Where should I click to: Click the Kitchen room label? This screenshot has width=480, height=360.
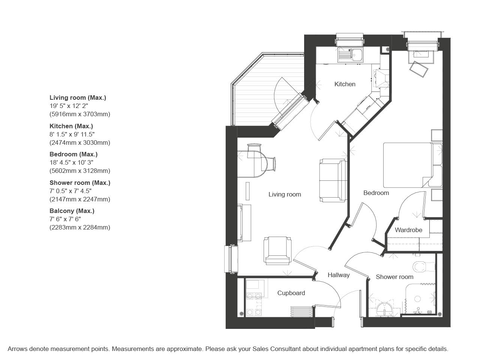click(x=345, y=84)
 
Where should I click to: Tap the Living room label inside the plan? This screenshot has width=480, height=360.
click(x=285, y=194)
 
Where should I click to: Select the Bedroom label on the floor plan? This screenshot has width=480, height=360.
click(x=376, y=193)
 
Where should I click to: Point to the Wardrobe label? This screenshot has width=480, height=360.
click(x=408, y=230)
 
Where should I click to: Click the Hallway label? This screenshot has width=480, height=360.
click(x=339, y=275)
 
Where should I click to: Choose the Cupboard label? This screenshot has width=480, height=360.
click(x=291, y=293)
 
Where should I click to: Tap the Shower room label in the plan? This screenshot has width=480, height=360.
click(x=394, y=277)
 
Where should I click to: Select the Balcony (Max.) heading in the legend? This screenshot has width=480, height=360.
click(x=72, y=211)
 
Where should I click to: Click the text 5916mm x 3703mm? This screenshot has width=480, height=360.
click(x=80, y=114)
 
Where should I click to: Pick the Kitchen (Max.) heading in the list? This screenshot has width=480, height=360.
click(x=71, y=126)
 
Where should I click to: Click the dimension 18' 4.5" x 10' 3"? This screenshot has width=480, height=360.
click(x=72, y=162)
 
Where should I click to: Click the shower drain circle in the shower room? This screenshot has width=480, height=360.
click(x=417, y=299)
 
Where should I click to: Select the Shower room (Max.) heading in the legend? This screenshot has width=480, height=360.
click(x=80, y=183)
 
